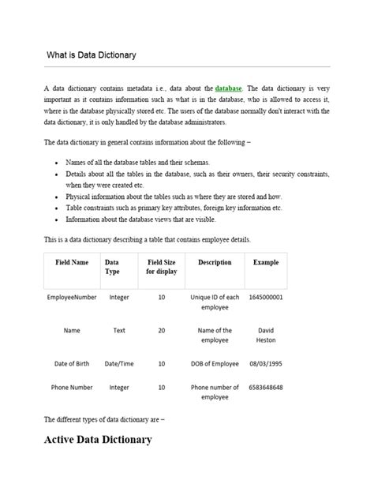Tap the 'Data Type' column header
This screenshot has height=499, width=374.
113,266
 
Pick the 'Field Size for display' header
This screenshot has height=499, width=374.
161,266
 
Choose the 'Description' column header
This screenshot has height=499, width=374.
215,261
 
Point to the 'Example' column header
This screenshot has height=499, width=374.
266,261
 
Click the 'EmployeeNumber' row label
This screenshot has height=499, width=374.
72,298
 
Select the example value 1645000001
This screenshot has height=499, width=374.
266,298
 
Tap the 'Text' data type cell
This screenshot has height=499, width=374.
119,331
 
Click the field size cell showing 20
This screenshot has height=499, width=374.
161,331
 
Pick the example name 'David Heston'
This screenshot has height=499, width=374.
266,336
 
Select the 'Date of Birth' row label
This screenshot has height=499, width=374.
72,364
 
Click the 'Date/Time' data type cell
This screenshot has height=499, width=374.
119,364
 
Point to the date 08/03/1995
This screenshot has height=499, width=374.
266,364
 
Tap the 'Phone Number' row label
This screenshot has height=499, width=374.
72,388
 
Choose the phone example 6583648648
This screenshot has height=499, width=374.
266,388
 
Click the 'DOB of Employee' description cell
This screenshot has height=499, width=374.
215,364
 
